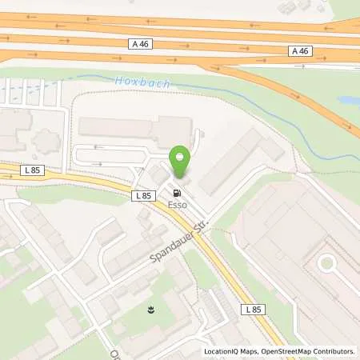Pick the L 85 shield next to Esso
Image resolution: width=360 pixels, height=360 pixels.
(x=143, y=195)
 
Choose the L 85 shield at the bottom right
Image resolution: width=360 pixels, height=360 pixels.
(x=254, y=309)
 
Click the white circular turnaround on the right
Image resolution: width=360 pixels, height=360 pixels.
(x=327, y=263)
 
